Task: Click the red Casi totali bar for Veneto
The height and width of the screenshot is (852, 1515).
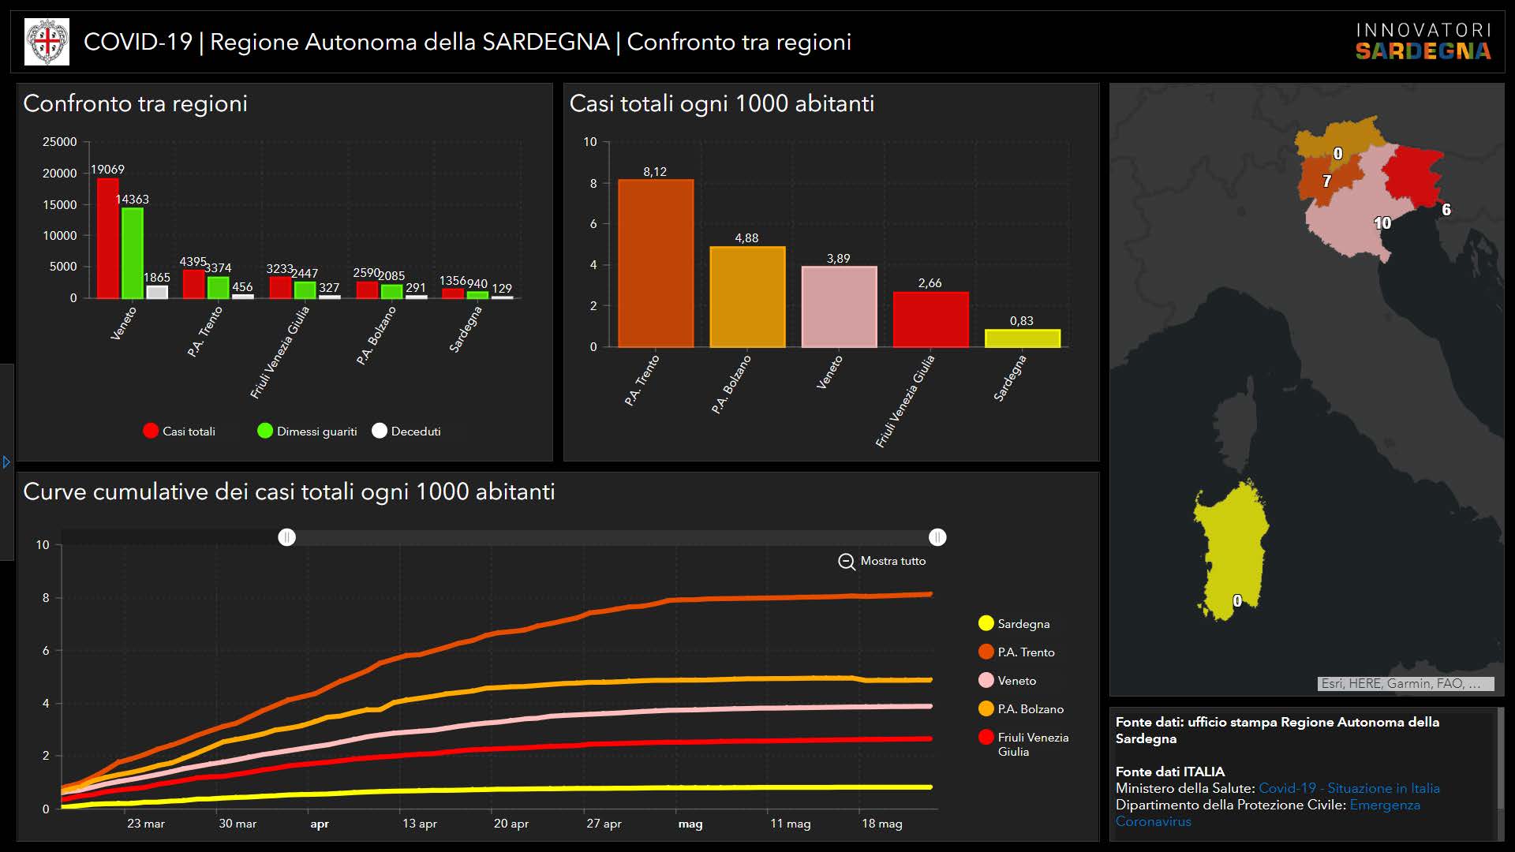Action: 107,238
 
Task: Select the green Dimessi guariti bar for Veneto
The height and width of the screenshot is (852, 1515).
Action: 132,252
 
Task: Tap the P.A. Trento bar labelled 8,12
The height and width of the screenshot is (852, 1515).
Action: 656,263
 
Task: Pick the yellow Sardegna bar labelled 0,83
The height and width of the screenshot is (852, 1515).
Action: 1022,338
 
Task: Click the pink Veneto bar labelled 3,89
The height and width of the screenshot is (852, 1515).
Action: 839,307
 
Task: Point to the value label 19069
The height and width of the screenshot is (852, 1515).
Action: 107,170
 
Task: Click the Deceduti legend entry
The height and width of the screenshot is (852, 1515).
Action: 407,431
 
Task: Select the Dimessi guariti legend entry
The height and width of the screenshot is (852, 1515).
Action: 307,431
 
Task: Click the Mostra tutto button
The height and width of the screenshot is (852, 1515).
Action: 882,561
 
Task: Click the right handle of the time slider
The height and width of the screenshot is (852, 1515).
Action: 937,537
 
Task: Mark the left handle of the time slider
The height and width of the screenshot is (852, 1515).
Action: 287,537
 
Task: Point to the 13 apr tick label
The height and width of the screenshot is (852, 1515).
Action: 419,824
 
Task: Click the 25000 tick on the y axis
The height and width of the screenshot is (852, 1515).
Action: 60,142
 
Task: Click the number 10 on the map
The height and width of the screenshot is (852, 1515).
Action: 1382,223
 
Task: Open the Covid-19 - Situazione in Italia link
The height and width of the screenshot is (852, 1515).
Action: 1349,788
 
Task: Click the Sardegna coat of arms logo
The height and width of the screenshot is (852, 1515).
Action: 47,42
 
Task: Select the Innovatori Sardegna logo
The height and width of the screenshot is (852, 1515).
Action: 1423,42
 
